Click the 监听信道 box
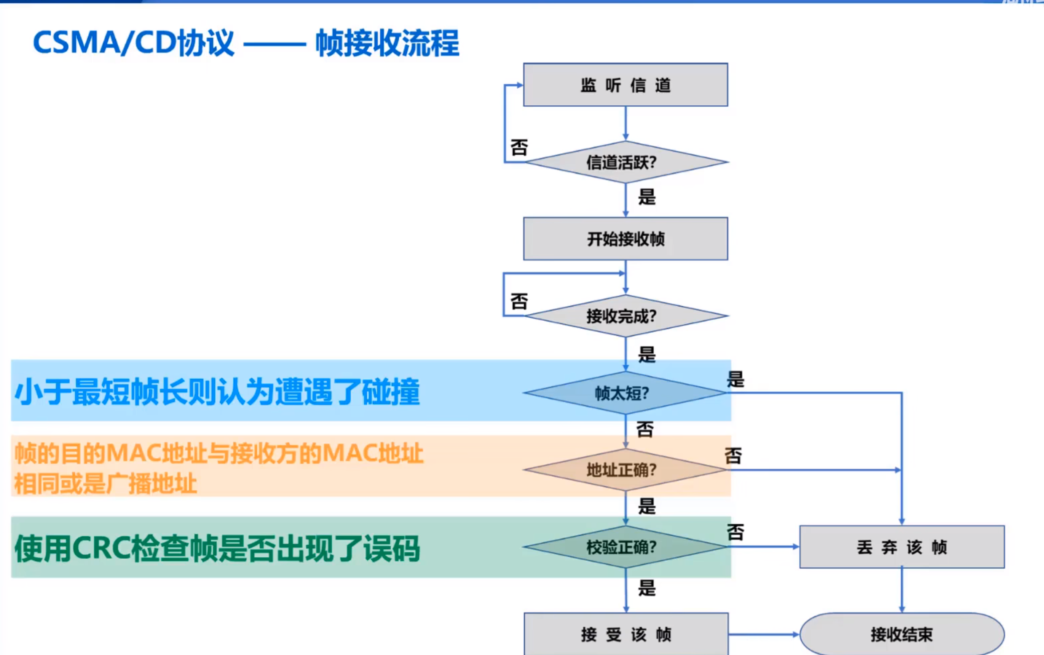(x=625, y=85)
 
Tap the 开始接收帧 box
(x=625, y=239)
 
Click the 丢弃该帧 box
(x=902, y=547)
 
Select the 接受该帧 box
(x=626, y=634)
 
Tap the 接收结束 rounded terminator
(x=902, y=634)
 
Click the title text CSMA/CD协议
(x=133, y=43)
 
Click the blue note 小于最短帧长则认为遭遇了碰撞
(x=217, y=392)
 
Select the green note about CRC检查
(x=217, y=548)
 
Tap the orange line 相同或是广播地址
(x=105, y=484)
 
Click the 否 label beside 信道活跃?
(x=519, y=147)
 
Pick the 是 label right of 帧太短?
(x=735, y=379)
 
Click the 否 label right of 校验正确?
(x=735, y=532)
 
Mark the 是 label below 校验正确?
(x=647, y=588)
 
